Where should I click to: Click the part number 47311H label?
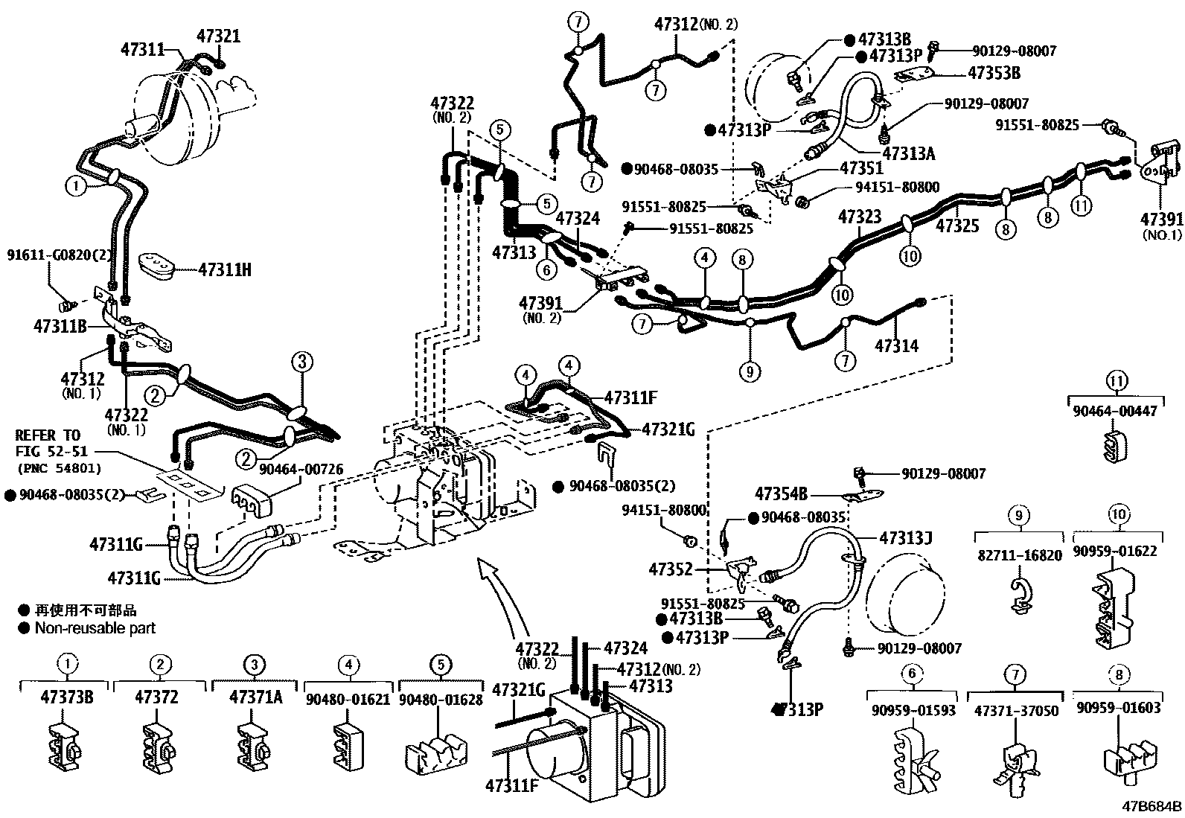point(225,269)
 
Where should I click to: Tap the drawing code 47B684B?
point(1152,806)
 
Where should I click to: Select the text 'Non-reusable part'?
point(95,627)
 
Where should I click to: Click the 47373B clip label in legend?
point(67,697)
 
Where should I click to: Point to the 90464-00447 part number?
point(1114,411)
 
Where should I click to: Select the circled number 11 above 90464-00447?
point(1114,382)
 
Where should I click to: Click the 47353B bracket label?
point(994,73)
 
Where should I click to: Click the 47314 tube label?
point(896,346)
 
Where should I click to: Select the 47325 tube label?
point(957,226)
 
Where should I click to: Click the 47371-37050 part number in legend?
point(1016,711)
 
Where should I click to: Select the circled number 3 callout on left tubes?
point(301,362)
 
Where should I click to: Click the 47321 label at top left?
point(219,36)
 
